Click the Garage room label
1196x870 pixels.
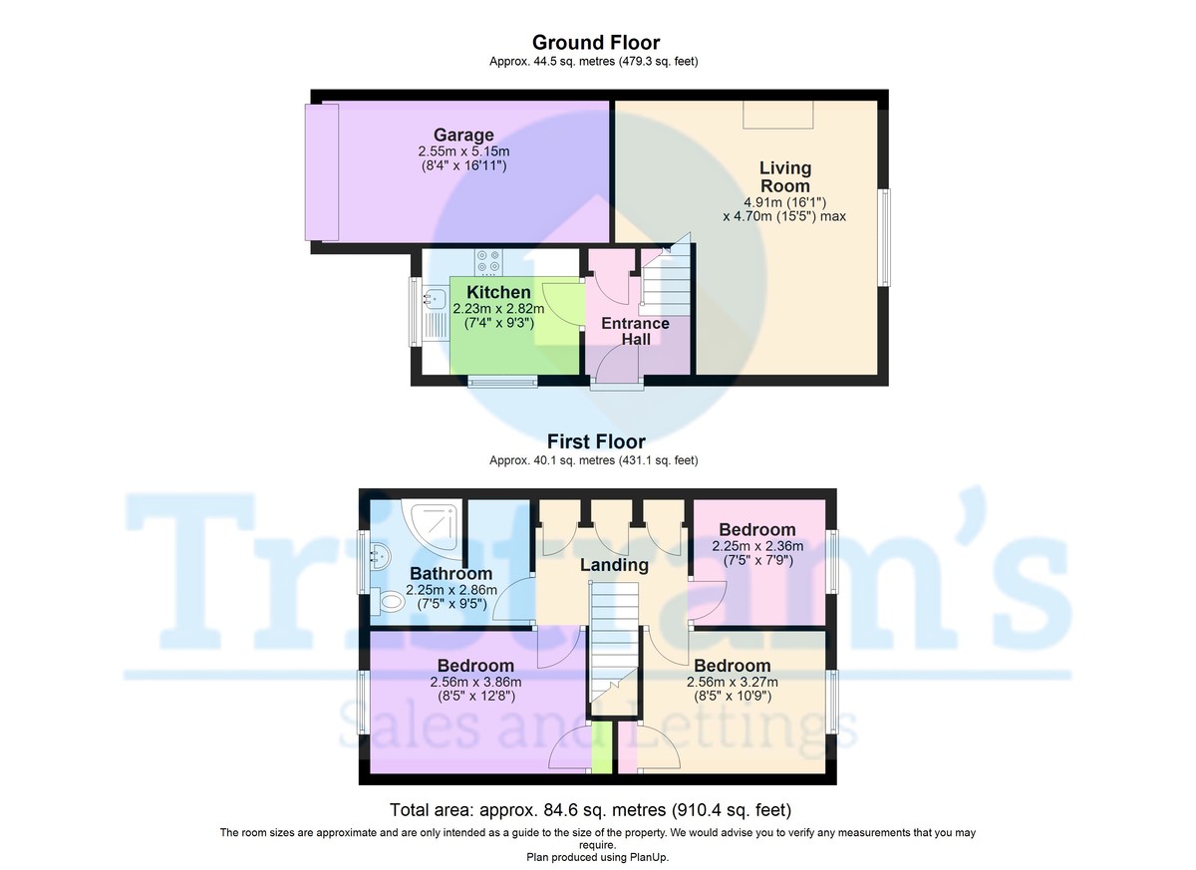(x=462, y=136)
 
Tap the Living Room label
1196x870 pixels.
(x=785, y=176)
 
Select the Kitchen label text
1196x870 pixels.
(x=498, y=292)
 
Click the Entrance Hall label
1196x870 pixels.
(x=636, y=331)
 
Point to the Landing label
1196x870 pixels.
(x=615, y=565)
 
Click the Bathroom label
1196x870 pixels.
(x=450, y=574)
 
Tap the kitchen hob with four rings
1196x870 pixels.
(x=488, y=261)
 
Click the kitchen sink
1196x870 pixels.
(x=434, y=297)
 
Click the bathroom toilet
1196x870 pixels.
(x=391, y=601)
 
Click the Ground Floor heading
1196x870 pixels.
(x=595, y=42)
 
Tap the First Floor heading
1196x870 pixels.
(x=595, y=441)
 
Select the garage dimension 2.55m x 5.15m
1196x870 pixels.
(x=463, y=151)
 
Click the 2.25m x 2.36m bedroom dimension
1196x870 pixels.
(x=757, y=546)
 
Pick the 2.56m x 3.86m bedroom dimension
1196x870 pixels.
(x=475, y=682)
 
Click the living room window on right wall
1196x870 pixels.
(x=884, y=237)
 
